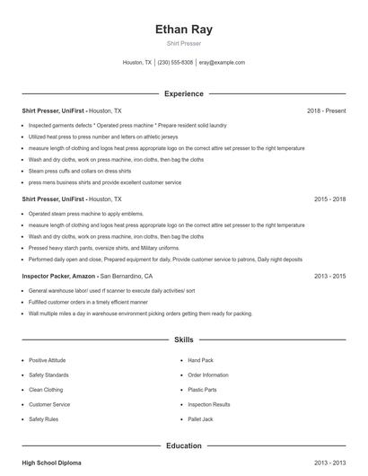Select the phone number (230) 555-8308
[x=175, y=63]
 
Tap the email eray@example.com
[x=222, y=63]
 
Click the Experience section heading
[x=184, y=93]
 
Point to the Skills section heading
[x=184, y=340]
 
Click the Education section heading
[x=184, y=445]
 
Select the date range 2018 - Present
[x=326, y=110]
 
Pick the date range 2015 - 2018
[x=329, y=198]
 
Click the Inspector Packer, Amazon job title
[x=58, y=277]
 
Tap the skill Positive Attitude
[x=48, y=360]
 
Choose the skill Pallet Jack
[x=201, y=419]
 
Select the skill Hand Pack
[x=201, y=360]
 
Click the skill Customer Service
[x=49, y=405]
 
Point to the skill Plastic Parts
[x=203, y=390]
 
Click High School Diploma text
[x=51, y=463]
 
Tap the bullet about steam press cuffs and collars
[x=79, y=171]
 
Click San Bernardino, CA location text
[x=127, y=277]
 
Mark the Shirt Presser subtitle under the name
[x=184, y=43]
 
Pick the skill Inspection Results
[x=209, y=405]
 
